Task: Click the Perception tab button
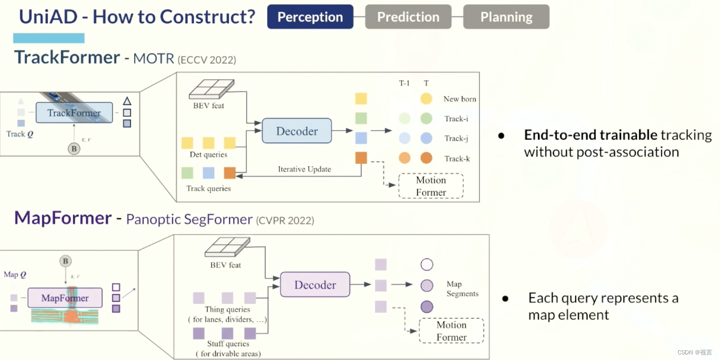tap(310, 17)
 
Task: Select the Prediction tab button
tap(408, 17)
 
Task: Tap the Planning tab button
tap(506, 17)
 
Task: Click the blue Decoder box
tap(297, 131)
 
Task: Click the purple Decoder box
tap(315, 285)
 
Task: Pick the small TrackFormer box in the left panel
tap(74, 113)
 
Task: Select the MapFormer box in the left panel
tap(65, 298)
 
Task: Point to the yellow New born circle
tap(426, 99)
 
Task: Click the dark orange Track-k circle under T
tap(426, 158)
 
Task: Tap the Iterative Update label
tap(304, 169)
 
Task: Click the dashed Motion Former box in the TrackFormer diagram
tap(431, 186)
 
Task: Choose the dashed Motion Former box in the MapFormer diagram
tap(451, 331)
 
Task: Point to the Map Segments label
tap(462, 289)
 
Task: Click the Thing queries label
tap(227, 310)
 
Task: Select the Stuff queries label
tap(227, 344)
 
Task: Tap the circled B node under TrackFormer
tap(74, 149)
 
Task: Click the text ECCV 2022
tap(207, 60)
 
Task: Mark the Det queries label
tap(208, 155)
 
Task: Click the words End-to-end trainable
tap(590, 135)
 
